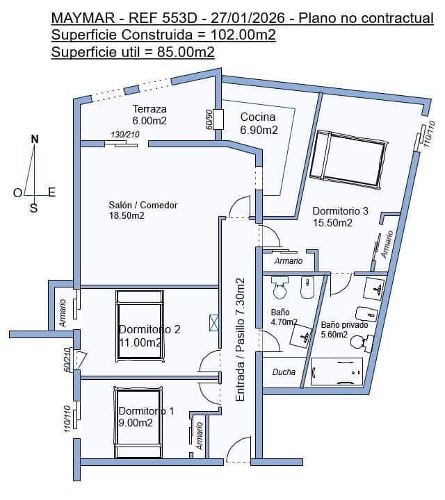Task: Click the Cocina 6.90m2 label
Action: [259, 124]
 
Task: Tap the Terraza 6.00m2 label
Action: [149, 115]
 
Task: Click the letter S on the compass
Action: [33, 207]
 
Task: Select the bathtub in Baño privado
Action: [337, 372]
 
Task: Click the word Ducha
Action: [284, 372]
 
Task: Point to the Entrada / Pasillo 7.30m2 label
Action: [241, 340]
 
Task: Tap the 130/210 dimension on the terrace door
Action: [126, 135]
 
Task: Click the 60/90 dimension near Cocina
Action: [209, 119]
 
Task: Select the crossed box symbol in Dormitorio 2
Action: [213, 322]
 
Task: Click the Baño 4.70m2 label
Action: [284, 317]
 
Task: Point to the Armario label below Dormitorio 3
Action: [289, 261]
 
